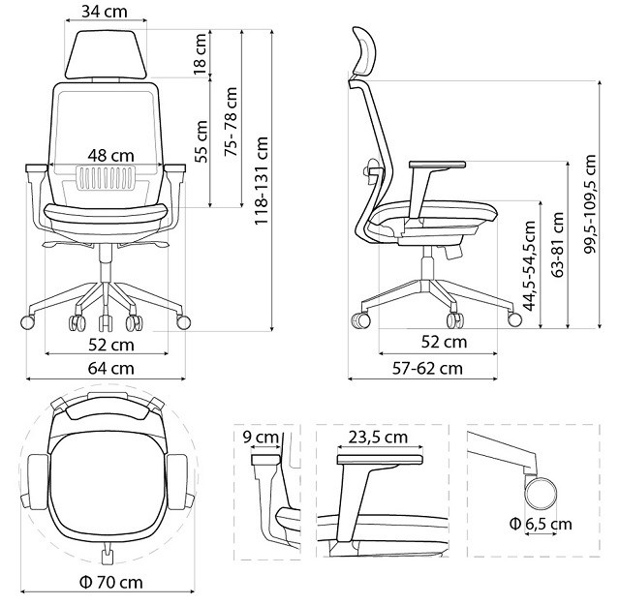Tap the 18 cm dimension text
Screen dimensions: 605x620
(x=201, y=54)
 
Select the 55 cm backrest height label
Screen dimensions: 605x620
(x=201, y=141)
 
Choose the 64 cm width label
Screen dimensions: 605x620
(x=109, y=368)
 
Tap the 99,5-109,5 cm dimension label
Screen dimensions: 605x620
(x=590, y=205)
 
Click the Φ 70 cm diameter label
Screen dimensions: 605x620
(x=108, y=583)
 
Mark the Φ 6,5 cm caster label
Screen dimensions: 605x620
(x=542, y=524)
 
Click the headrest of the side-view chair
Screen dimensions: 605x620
(x=364, y=54)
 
